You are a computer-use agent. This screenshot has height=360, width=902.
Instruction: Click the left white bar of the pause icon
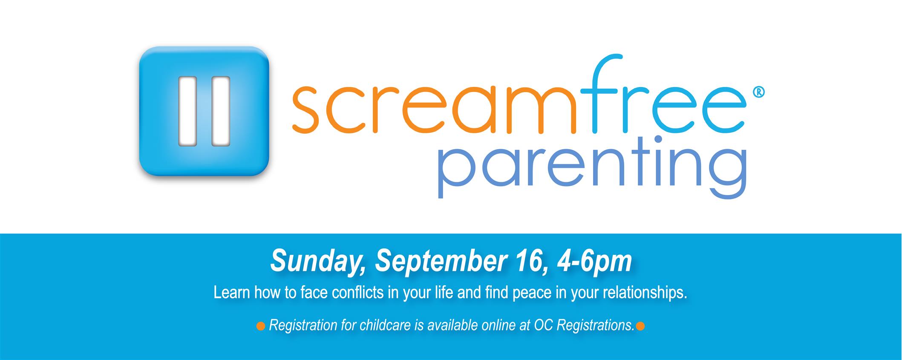187,111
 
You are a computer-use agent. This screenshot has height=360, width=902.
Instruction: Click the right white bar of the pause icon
221,111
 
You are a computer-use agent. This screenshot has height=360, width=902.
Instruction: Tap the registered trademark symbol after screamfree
759,92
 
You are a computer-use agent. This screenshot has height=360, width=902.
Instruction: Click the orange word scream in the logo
435,109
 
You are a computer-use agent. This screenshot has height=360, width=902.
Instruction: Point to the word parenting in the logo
592,168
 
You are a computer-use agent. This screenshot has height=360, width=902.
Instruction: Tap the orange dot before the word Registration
260,327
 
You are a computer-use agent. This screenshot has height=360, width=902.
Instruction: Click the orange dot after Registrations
640,327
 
